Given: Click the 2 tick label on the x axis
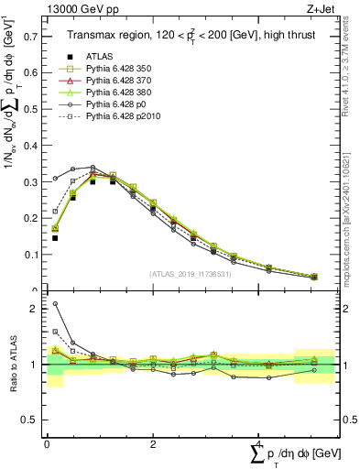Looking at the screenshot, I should coord(152,443).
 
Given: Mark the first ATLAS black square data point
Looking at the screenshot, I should coord(55,238).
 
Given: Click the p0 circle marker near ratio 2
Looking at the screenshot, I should coord(55,304).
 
